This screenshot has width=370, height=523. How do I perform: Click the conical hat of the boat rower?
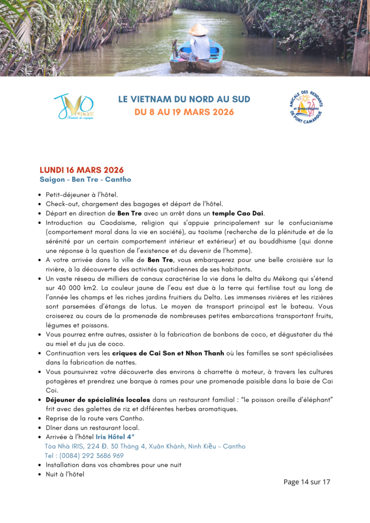pyautogui.click(x=198, y=30)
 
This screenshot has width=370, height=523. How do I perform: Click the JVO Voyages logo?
pyautogui.click(x=74, y=106)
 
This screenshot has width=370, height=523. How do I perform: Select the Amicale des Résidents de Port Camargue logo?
pyautogui.click(x=307, y=107)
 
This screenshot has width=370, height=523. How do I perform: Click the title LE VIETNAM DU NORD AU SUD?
pyautogui.click(x=184, y=99)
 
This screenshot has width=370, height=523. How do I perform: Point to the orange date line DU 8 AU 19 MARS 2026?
pyautogui.click(x=184, y=112)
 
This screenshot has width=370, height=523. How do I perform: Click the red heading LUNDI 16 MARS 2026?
pyautogui.click(x=81, y=170)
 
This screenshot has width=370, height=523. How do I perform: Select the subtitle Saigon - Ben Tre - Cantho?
pyautogui.click(x=85, y=180)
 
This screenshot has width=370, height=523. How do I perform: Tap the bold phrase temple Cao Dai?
pyautogui.click(x=238, y=213)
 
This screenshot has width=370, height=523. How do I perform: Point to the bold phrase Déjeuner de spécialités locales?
pyautogui.click(x=98, y=399)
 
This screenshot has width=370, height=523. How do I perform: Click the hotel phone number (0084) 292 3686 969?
pyautogui.click(x=84, y=456)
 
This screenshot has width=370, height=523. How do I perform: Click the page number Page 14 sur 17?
pyautogui.click(x=307, y=482)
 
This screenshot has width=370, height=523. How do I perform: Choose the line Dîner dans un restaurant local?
pyautogui.click(x=92, y=427)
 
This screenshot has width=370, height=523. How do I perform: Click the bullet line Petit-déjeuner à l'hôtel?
pyautogui.click(x=82, y=194)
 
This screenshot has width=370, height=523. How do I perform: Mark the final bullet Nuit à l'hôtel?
pyautogui.click(x=65, y=474)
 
